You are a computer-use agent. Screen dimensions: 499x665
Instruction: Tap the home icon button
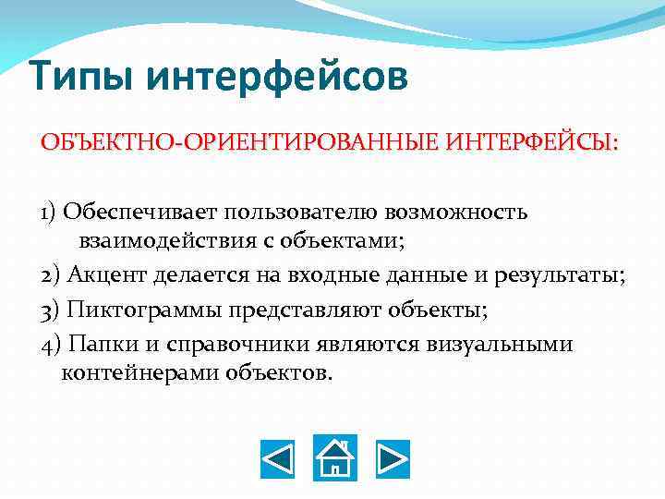(x=334, y=457)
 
